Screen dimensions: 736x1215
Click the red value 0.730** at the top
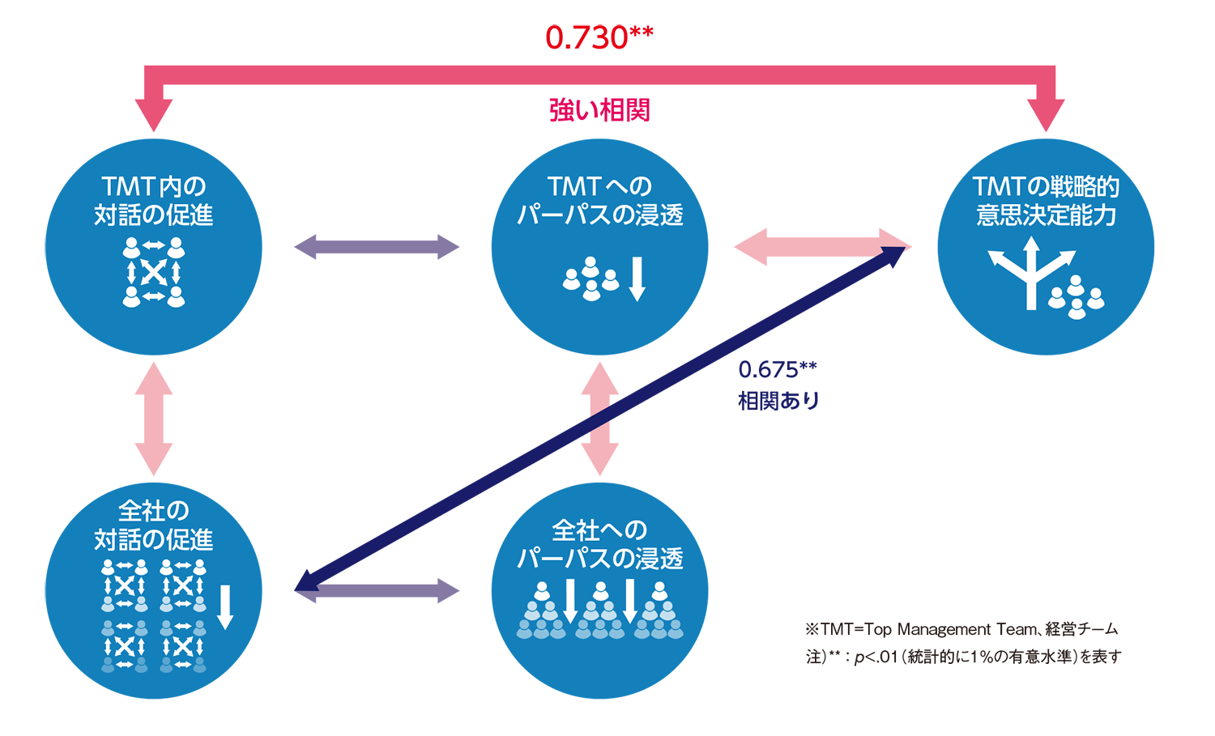point(599,37)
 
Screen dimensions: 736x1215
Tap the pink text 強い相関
point(599,110)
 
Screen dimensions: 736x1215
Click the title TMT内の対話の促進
point(154,201)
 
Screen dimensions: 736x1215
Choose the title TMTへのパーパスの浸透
point(599,201)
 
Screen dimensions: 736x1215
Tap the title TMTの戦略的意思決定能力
point(1046,201)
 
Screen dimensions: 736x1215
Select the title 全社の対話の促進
point(154,525)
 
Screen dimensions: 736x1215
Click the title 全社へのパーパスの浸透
point(599,544)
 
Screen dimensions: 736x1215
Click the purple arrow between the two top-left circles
point(377,247)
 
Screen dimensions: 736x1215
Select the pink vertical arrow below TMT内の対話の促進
point(154,419)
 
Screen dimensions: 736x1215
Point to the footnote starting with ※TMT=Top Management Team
point(961,629)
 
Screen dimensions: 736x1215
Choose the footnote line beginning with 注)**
point(963,657)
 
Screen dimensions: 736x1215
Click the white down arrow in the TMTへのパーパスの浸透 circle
point(637,279)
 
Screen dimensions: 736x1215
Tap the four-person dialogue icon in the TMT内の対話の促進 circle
point(154,272)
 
